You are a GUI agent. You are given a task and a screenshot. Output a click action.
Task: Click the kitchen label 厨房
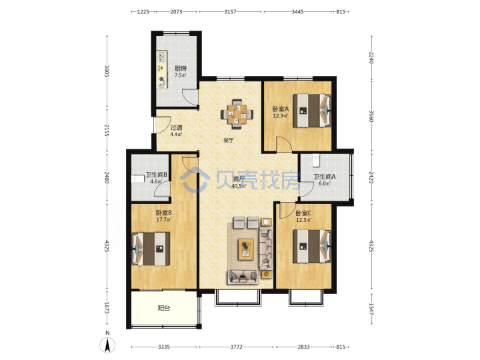point(180,68)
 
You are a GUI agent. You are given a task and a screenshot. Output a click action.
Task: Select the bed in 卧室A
point(312,111)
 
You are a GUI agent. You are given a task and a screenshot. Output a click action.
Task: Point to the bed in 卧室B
point(151,249)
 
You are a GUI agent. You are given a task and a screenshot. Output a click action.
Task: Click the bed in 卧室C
point(312,246)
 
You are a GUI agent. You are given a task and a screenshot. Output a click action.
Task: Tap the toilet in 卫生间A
point(316,161)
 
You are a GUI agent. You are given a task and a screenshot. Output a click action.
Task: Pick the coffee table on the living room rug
point(246,249)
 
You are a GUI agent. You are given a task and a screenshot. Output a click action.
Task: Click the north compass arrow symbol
point(107,345)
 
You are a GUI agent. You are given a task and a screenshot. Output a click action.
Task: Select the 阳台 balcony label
point(164,308)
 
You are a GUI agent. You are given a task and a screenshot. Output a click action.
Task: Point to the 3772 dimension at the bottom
point(236,347)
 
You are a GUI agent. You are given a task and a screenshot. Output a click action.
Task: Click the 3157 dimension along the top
point(230,11)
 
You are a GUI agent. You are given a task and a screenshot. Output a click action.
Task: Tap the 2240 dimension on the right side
point(371,57)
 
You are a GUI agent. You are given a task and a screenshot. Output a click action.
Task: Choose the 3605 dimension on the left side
point(107,71)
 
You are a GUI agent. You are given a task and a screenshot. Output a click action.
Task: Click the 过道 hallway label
point(176,127)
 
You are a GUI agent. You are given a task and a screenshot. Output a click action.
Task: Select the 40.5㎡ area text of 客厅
point(239,186)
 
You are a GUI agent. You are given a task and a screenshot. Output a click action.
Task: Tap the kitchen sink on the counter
point(161,57)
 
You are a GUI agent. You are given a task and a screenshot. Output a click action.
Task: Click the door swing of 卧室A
point(285,144)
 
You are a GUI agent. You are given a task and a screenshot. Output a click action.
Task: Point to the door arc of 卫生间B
point(161,188)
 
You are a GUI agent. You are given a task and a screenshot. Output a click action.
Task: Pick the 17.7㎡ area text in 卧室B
point(163,219)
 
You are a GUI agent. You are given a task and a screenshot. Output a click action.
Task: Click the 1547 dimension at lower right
point(371,309)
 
